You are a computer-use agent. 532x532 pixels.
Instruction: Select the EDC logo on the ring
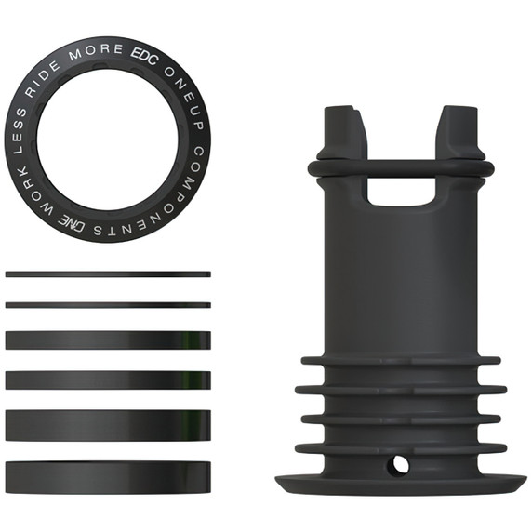[x=148, y=49]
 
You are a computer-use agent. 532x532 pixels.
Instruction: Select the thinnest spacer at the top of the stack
[x=108, y=274]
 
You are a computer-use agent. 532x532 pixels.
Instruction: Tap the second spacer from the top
[x=108, y=304]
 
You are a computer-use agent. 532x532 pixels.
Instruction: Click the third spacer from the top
[x=108, y=340]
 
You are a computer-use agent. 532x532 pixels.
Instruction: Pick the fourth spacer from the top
[x=108, y=380]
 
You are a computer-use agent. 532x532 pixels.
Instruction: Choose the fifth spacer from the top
[x=108, y=425]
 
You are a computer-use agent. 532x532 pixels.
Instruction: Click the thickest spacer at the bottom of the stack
[x=108, y=475]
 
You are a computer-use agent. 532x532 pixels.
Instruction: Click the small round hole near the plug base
[x=400, y=462]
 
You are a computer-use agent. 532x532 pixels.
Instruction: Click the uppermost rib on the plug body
[x=400, y=360]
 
